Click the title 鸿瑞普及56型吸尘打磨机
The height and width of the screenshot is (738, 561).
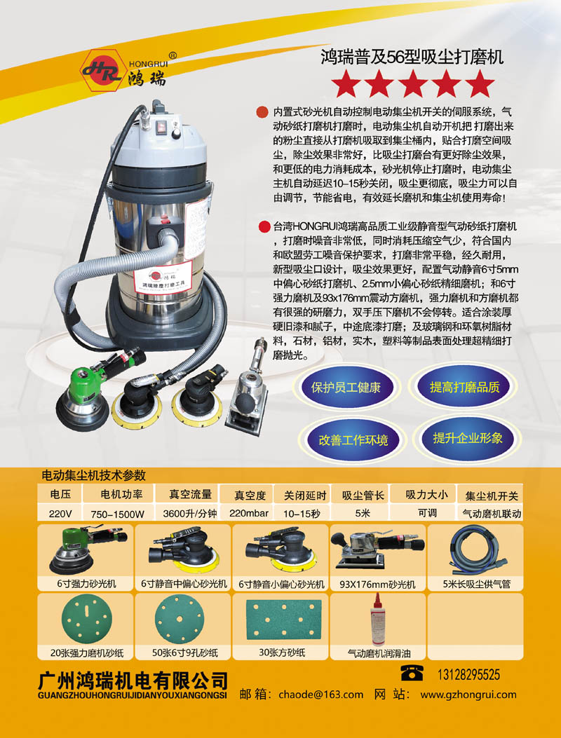click(412, 57)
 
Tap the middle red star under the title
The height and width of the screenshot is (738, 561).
click(412, 84)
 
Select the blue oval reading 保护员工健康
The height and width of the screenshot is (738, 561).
click(346, 388)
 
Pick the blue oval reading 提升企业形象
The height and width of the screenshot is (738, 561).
click(467, 439)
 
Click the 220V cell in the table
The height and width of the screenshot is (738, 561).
click(60, 514)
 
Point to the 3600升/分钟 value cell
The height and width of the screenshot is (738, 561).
click(189, 514)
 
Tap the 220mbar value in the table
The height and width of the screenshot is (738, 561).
click(249, 513)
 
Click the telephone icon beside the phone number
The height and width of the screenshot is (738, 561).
click(412, 673)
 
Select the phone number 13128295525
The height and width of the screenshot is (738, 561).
click(469, 674)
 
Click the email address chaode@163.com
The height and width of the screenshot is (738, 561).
click(320, 695)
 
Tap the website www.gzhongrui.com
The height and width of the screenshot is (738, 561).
click(468, 695)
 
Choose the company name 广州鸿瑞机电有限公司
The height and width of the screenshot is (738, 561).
click(133, 680)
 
